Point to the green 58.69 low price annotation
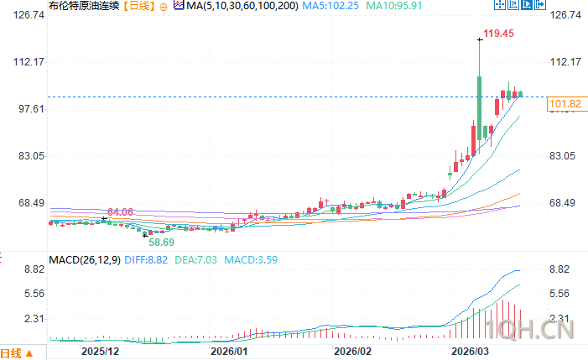pos(162,241)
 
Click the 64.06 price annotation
pos(121,211)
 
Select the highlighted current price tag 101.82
pos(564,104)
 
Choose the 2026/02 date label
pos(353,352)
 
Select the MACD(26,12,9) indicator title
pos(84,261)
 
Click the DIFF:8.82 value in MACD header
pos(148,261)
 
